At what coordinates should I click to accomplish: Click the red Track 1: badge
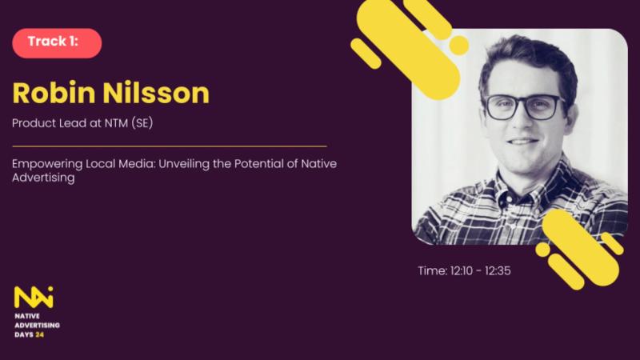[x=57, y=43]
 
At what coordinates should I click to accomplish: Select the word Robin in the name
[x=54, y=93]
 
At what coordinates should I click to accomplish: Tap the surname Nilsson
[x=156, y=93]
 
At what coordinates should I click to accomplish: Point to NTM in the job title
[x=116, y=123]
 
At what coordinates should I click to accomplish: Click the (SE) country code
[x=142, y=123]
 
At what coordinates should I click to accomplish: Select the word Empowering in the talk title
[x=47, y=164]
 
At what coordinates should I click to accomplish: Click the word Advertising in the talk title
[x=43, y=178]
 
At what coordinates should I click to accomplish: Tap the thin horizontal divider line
[x=170, y=146]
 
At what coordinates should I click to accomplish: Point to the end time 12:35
[x=498, y=270]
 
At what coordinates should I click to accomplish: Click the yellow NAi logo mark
[x=34, y=297]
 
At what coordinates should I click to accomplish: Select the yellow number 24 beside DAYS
[x=39, y=334]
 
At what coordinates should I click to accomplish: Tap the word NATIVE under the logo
[x=27, y=316]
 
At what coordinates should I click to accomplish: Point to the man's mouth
[x=523, y=142]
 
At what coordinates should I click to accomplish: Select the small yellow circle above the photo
[x=458, y=46]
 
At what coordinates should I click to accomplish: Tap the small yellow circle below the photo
[x=542, y=250]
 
